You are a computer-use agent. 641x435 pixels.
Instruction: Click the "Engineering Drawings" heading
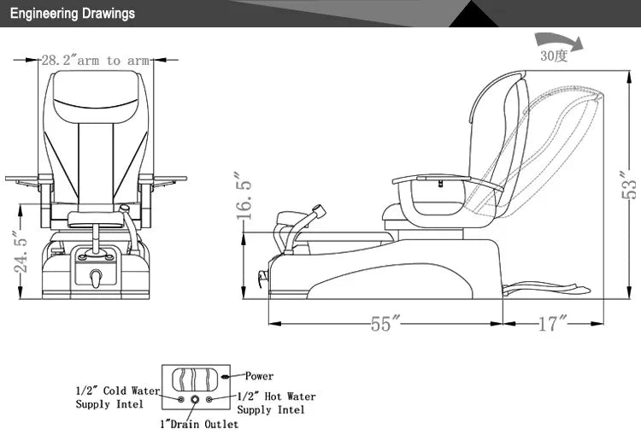pyautogui.click(x=73, y=14)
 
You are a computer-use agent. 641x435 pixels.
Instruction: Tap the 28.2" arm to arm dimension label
pyautogui.click(x=95, y=61)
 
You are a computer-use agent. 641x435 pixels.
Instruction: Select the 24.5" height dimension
pyautogui.click(x=21, y=252)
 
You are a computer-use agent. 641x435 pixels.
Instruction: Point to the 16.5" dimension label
pyautogui.click(x=244, y=196)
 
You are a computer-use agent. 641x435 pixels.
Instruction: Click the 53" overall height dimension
pyautogui.click(x=629, y=185)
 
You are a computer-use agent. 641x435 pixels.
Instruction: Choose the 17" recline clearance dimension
pyautogui.click(x=553, y=323)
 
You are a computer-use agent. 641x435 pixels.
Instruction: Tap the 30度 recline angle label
pyautogui.click(x=554, y=56)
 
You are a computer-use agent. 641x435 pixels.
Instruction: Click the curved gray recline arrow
pyautogui.click(x=559, y=42)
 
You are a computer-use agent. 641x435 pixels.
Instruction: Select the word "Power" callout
pyautogui.click(x=259, y=376)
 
